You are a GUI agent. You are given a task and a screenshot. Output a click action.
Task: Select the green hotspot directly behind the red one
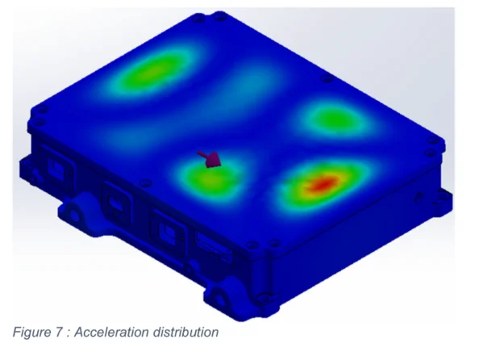click(x=331, y=119)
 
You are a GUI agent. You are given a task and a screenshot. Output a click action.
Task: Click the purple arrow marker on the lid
click(x=212, y=160)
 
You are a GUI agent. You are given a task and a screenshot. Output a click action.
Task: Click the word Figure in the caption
click(x=31, y=332)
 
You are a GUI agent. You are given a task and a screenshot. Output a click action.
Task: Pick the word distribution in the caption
click(x=186, y=332)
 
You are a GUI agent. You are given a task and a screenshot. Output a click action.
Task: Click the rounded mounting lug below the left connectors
click(x=77, y=211)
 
